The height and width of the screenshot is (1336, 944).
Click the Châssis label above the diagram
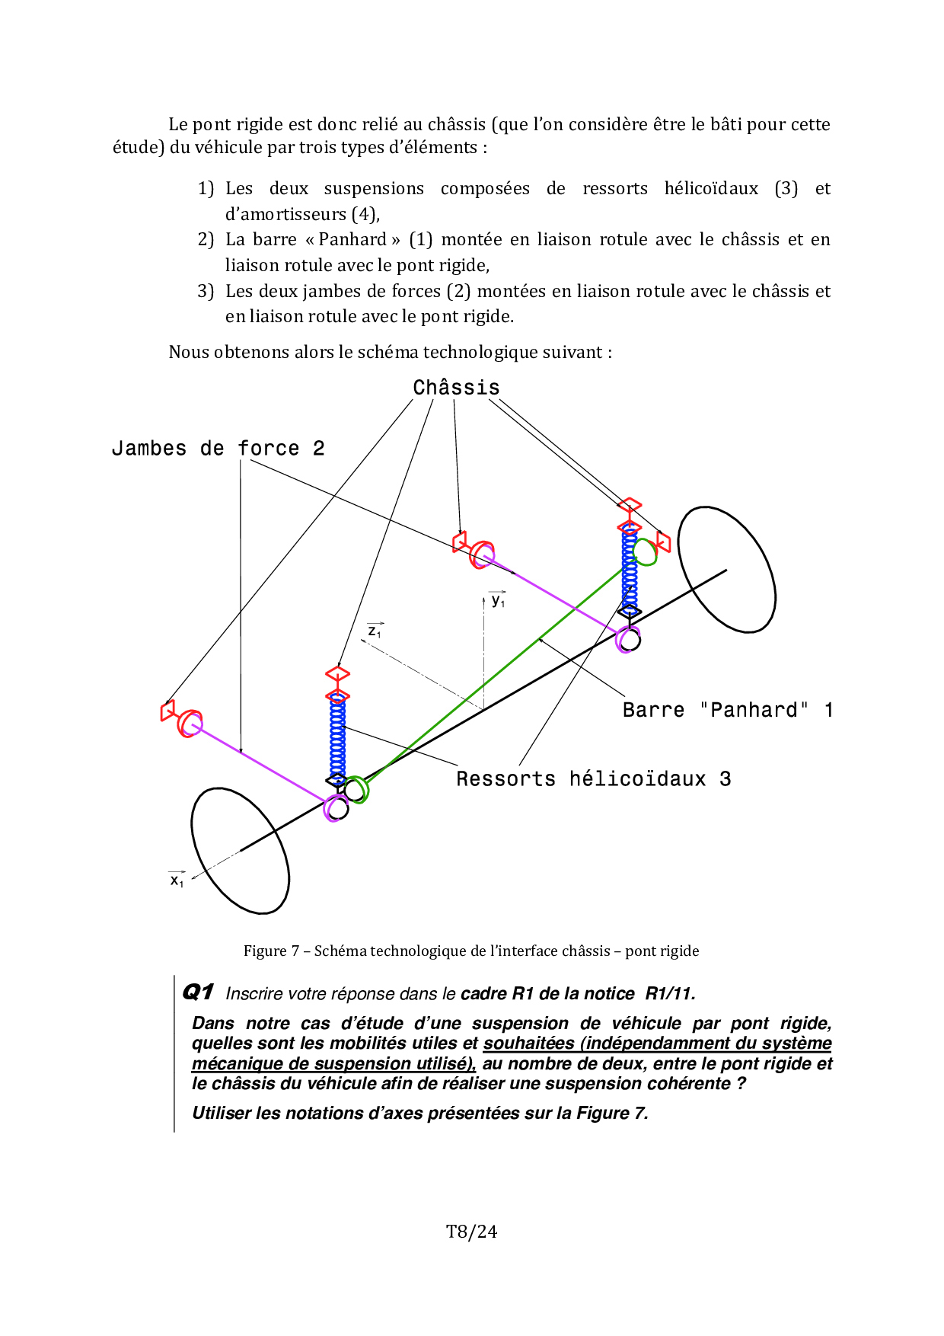point(456,388)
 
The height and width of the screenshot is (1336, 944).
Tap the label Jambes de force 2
point(218,449)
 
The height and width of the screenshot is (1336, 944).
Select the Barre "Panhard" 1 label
point(727,710)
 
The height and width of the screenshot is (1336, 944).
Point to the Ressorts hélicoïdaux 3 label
point(593,779)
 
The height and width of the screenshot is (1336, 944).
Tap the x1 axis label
point(177,880)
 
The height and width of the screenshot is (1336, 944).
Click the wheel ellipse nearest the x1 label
point(240,851)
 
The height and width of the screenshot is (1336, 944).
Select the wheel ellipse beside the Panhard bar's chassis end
point(726,570)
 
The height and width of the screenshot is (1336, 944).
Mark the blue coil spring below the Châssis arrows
point(630,567)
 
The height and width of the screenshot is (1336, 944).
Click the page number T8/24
point(471,1232)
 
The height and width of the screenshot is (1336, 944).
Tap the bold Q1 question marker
point(198,992)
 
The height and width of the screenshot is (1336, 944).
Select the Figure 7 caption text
point(471,951)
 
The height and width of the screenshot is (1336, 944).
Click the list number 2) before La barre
point(206,240)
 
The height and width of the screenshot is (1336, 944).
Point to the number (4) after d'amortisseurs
point(365,214)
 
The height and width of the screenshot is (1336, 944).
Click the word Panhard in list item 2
point(352,240)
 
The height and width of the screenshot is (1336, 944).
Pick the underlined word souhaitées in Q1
point(528,1044)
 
